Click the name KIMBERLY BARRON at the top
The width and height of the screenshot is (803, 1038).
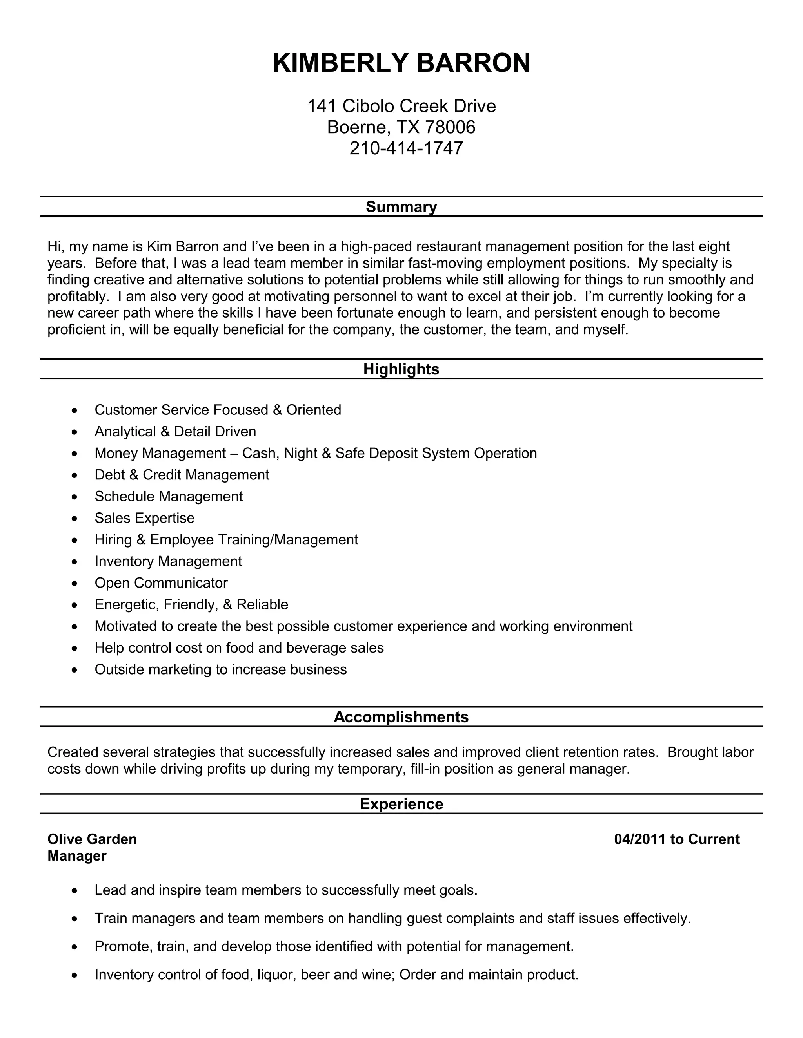(x=401, y=63)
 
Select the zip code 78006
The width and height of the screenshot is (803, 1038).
(x=450, y=127)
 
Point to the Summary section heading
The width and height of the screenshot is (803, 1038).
(x=401, y=207)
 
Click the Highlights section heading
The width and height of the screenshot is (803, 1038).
(x=401, y=369)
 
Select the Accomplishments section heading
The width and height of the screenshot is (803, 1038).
(x=401, y=717)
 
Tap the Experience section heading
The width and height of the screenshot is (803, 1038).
(x=401, y=804)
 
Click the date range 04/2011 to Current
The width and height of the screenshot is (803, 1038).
(x=676, y=839)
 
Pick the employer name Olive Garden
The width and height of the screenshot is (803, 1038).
(x=92, y=839)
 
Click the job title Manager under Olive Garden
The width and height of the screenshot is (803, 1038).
(x=76, y=856)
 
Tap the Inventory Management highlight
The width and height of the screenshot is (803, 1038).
(x=168, y=561)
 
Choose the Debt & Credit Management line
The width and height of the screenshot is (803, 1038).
(x=182, y=475)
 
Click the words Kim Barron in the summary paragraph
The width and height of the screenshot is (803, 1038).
(x=183, y=247)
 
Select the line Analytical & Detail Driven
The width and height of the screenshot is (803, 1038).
(x=175, y=432)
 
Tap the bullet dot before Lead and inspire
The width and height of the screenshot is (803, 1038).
(x=74, y=891)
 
